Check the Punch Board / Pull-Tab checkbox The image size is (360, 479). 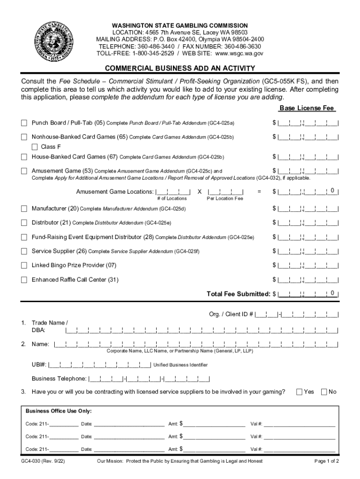point(24,123)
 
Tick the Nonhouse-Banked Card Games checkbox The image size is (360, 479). point(24,137)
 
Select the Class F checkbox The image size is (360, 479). point(35,147)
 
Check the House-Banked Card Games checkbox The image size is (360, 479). point(24,157)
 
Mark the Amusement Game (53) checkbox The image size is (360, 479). point(24,171)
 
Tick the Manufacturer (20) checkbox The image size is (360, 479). point(24,208)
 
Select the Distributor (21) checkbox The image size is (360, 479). point(24,222)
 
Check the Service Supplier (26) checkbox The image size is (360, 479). point(24,251)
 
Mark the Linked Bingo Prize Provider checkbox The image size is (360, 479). point(24,265)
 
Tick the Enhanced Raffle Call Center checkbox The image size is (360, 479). point(24,280)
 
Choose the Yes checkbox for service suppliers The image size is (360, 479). point(300,392)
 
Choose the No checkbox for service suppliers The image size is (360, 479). point(324,392)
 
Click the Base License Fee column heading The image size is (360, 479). point(307,108)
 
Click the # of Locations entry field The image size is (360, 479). point(173,191)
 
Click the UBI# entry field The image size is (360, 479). point(100,365)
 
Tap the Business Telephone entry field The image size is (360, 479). point(149,379)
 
